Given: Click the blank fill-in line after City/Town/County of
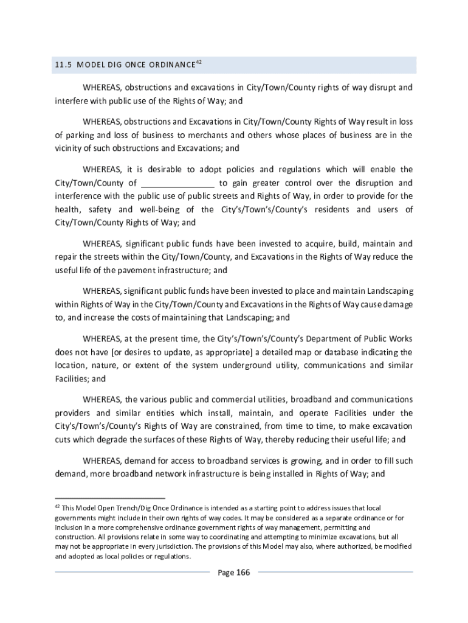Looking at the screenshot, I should point(178,183).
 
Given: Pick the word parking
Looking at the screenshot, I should point(77,135).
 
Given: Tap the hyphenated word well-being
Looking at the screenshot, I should point(160,210).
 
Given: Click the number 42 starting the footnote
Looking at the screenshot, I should point(57,506).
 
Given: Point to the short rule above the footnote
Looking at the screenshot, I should point(110,498).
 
